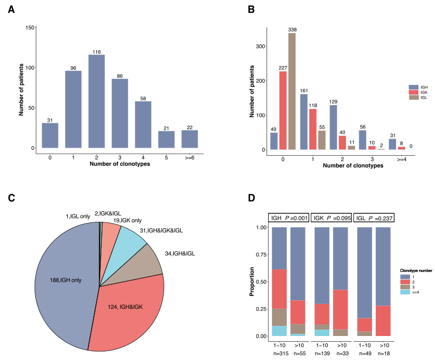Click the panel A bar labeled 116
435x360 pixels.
96,101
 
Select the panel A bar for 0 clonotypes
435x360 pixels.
50,135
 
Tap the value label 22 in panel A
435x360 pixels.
189,127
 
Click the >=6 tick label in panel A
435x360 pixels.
189,157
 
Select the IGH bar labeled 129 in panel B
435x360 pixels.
333,127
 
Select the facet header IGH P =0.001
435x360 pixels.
288,218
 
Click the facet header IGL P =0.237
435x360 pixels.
374,218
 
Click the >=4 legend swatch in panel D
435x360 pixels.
404,292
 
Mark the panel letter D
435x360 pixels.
252,198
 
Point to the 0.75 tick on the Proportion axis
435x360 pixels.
261,254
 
